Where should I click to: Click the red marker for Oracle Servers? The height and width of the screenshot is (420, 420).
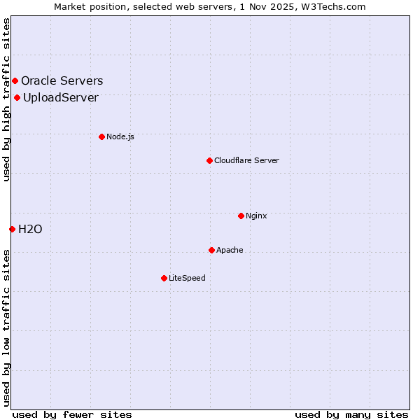point(15,81)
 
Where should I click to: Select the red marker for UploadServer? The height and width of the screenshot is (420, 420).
point(17,97)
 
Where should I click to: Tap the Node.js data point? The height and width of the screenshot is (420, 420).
point(101,136)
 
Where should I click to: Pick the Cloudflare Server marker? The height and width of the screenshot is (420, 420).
point(209,160)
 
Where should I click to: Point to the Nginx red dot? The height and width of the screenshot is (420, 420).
point(241,216)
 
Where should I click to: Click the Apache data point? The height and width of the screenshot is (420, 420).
point(211,250)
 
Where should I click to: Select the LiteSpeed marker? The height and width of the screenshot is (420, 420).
point(164,278)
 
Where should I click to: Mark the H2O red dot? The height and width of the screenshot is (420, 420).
point(12,229)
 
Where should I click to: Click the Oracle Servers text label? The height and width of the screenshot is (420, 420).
point(62,81)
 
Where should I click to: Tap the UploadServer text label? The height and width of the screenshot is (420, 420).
point(61,97)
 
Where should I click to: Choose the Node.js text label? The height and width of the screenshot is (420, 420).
point(120,136)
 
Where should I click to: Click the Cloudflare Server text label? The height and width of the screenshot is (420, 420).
point(246,160)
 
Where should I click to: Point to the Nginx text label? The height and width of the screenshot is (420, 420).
point(256,216)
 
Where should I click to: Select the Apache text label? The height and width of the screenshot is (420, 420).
point(230,250)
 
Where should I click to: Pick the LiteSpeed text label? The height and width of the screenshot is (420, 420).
point(187,278)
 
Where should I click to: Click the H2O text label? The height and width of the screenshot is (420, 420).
point(30,229)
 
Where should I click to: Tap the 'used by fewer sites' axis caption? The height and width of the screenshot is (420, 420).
point(72,414)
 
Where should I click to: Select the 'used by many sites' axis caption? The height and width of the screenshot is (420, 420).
point(351,414)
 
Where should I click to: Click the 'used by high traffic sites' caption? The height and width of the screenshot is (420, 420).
point(6,99)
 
